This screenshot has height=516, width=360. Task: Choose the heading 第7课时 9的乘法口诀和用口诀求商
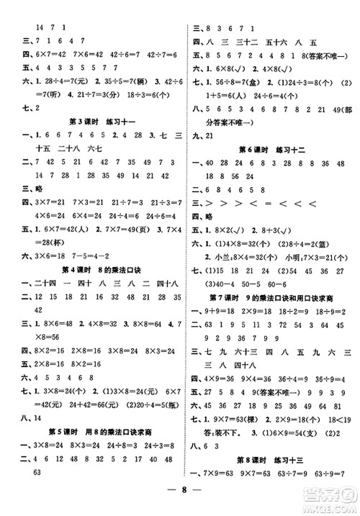pos(269,298)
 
